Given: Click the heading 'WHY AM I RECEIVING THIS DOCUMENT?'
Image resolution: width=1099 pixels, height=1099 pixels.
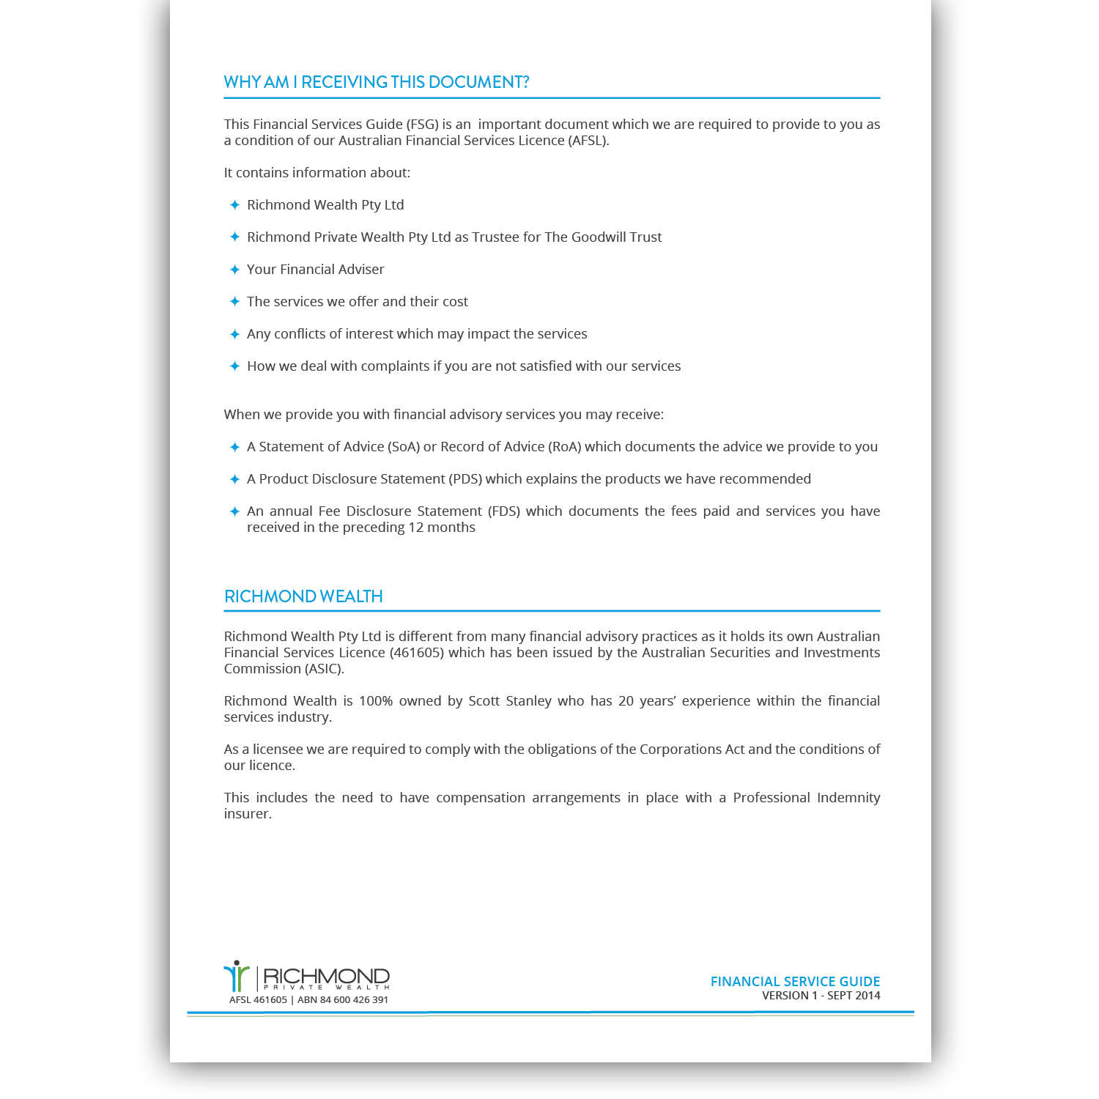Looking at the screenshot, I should coord(377,82).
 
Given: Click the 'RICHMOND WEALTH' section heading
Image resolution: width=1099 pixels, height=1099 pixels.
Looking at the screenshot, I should coord(303,596).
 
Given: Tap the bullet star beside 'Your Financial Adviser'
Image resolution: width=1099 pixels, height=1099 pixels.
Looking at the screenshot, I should coord(234,270).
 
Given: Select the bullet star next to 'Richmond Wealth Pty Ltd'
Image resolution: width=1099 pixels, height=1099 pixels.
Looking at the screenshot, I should coord(234,205).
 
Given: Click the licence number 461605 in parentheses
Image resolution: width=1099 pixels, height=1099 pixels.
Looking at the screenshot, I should coord(417,653).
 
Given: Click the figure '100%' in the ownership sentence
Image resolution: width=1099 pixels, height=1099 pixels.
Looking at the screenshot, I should coord(376,701).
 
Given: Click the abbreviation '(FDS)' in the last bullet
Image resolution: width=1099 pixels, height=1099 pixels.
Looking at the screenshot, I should coord(504,511).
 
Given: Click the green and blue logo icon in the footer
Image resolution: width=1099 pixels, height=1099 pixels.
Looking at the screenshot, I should coord(236,976).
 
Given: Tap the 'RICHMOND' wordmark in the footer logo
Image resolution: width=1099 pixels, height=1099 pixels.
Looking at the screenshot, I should coord(326,976).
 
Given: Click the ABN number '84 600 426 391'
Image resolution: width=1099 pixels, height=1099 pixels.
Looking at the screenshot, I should coord(354,1000).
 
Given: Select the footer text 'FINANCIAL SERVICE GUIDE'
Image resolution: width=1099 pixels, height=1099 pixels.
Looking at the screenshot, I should coord(795,982).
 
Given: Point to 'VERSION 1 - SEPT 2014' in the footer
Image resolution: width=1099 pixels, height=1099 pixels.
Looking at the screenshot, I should coord(821,996).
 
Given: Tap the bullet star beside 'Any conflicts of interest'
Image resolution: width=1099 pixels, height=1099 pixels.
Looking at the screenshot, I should coord(234,334).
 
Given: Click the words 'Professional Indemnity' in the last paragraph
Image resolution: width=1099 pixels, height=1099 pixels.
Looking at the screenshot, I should coord(806,798).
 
